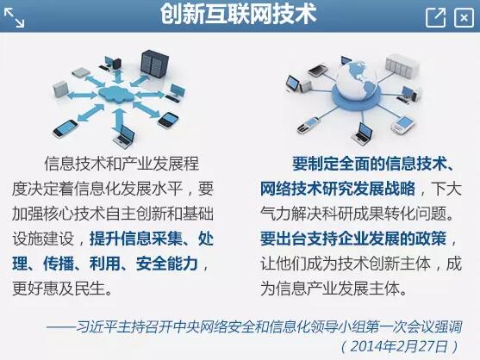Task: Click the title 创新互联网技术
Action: coord(238,14)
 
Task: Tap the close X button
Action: coord(464,18)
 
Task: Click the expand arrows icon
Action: coord(14,18)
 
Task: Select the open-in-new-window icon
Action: coord(435,18)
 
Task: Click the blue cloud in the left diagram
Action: coord(116,93)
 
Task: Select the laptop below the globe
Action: coord(363,133)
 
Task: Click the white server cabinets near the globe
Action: coord(402,65)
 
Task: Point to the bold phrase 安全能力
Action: coord(167,264)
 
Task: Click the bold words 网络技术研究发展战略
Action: coord(338,189)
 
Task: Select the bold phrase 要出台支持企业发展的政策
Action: coord(353,239)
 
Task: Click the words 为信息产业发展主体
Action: coord(330,289)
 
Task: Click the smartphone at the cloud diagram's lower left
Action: coord(65,128)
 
